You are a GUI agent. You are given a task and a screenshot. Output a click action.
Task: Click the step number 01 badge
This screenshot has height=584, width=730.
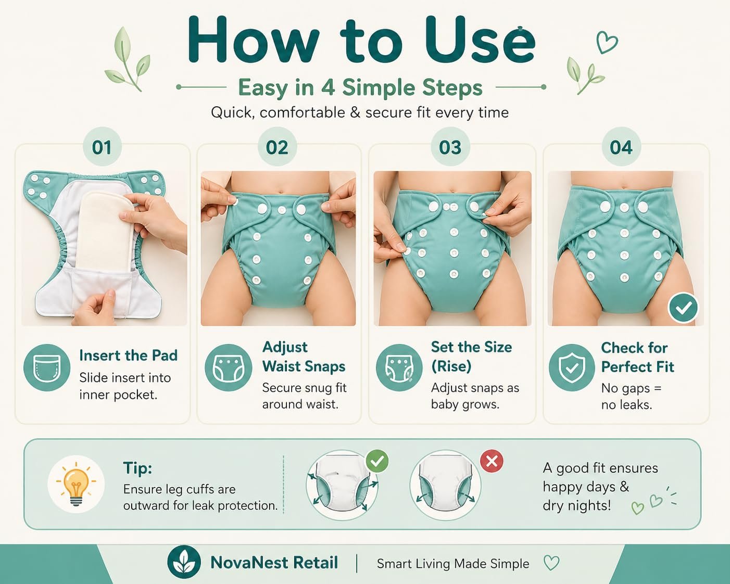point(102,146)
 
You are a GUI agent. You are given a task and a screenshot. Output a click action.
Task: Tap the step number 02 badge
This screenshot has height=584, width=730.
point(277,146)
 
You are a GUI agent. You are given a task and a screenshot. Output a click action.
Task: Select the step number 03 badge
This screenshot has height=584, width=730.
point(450,146)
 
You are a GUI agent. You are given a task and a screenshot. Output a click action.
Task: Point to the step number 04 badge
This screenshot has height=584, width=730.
point(621,146)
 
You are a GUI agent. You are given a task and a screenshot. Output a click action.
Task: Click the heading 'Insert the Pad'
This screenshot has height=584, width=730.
point(128,356)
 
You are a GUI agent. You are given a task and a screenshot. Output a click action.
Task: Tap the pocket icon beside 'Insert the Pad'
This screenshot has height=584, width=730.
point(47,367)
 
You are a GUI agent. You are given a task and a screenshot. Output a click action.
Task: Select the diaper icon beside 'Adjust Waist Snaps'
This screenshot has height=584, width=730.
point(228,367)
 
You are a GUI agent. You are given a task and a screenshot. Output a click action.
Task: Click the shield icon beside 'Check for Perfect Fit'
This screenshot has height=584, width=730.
point(572,367)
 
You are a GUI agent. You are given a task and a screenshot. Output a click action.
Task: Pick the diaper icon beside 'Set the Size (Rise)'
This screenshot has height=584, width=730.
point(399,367)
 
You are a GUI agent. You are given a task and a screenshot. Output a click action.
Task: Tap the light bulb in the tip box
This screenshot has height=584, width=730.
point(76,484)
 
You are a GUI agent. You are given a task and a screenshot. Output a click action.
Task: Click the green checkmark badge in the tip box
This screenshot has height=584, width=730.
point(377,461)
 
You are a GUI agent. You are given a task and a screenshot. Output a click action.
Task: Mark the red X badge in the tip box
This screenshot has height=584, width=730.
point(492,461)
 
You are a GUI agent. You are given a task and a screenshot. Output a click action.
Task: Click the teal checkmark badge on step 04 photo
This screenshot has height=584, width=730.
point(683,308)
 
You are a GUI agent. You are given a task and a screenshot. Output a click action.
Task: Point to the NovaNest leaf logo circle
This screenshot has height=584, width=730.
point(183,562)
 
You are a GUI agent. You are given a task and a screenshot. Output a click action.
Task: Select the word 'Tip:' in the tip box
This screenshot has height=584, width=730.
point(138,468)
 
